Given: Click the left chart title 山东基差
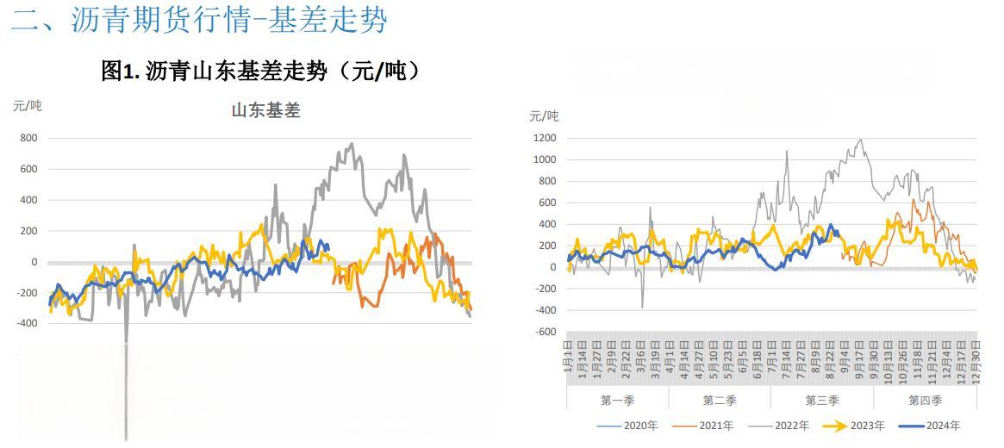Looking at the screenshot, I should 265,110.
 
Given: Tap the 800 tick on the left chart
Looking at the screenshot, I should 28,138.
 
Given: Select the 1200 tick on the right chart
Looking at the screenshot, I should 545,138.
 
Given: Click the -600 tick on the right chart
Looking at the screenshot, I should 545,332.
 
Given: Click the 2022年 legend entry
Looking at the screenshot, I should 785,425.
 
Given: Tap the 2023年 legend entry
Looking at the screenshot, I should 864,425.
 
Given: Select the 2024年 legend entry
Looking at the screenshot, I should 940,425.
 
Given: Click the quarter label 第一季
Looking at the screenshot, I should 617,400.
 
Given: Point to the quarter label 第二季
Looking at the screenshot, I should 720,400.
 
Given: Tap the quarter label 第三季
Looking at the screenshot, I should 822,400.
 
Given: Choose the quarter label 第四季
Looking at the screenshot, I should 925,400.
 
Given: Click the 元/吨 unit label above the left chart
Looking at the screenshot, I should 28,106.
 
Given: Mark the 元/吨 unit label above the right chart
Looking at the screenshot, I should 544,115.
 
